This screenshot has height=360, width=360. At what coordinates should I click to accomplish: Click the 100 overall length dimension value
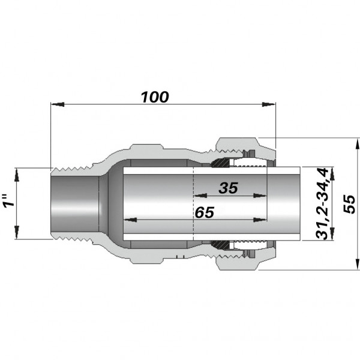coord(155,97)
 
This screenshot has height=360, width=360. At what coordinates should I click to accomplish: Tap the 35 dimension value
coord(228,188)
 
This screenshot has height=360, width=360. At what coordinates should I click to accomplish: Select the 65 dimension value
coord(205,212)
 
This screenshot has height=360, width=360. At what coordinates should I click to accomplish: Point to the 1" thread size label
coord(8,203)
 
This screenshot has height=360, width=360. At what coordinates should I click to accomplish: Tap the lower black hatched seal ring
coord(220,245)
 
